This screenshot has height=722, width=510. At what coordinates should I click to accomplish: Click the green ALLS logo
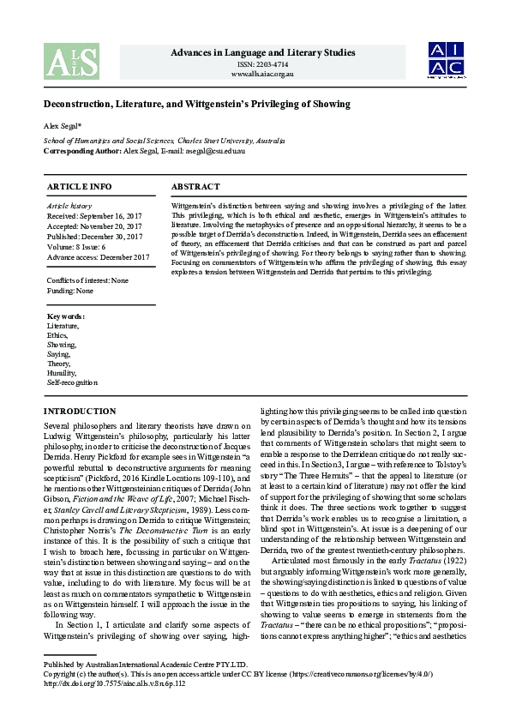click(x=71, y=61)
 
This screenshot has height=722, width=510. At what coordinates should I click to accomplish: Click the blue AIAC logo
click(x=447, y=61)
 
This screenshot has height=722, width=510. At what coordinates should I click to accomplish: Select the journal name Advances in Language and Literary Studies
click(x=262, y=54)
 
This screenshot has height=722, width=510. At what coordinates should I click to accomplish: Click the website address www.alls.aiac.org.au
click(x=262, y=75)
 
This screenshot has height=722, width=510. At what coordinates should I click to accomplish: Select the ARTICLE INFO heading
click(x=79, y=186)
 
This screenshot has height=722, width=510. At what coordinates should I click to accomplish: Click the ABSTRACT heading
click(x=195, y=186)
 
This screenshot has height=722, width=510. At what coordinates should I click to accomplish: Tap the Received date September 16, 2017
click(x=94, y=216)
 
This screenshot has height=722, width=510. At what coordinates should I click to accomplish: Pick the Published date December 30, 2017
click(x=94, y=237)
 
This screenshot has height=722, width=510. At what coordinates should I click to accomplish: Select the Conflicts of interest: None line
click(x=87, y=280)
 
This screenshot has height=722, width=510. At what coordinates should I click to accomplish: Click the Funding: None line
click(x=70, y=291)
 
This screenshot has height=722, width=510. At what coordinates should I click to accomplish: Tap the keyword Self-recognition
click(x=72, y=382)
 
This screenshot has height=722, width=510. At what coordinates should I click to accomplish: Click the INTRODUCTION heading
click(x=80, y=412)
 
